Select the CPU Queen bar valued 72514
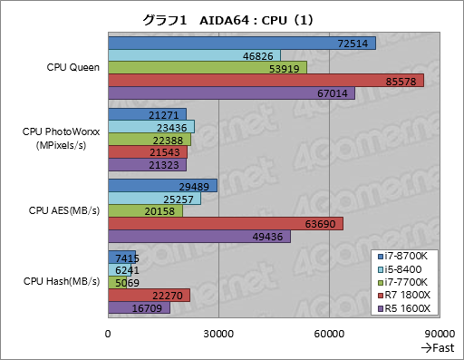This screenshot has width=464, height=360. point(241,43)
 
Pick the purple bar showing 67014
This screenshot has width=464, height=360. point(231,92)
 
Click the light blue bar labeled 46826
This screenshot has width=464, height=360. point(194,55)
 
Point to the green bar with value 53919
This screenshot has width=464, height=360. point(207,68)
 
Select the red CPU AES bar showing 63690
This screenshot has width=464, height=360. point(226,223)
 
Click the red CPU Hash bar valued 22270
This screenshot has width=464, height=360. point(149,295)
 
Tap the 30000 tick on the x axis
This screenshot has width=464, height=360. point(218,334)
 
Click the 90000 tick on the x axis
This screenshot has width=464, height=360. point(439,334)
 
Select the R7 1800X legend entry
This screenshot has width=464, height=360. point(408,295)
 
